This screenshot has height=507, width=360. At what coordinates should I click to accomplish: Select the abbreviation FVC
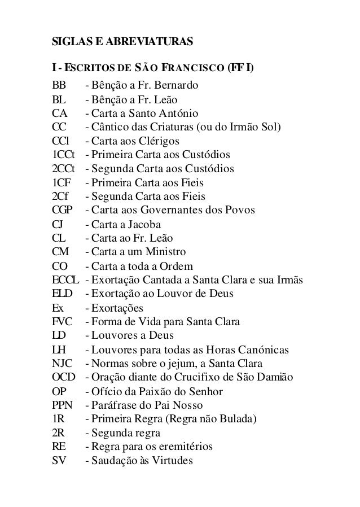[62, 322]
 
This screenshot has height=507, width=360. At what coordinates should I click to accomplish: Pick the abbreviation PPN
[62, 405]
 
